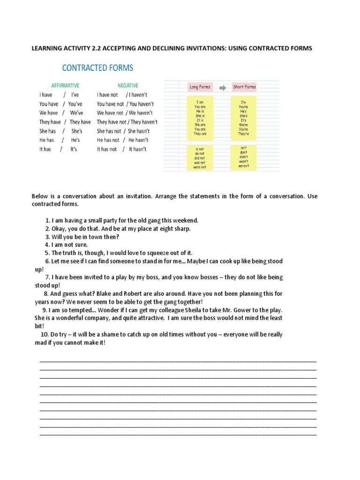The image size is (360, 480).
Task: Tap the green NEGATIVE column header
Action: click(x=127, y=86)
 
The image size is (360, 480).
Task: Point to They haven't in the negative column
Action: click(x=143, y=122)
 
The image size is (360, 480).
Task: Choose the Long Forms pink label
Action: click(x=200, y=87)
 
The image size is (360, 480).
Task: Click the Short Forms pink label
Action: click(x=244, y=87)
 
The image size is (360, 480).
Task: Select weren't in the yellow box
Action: click(x=244, y=166)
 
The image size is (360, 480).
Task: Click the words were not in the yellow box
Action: click(x=200, y=166)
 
